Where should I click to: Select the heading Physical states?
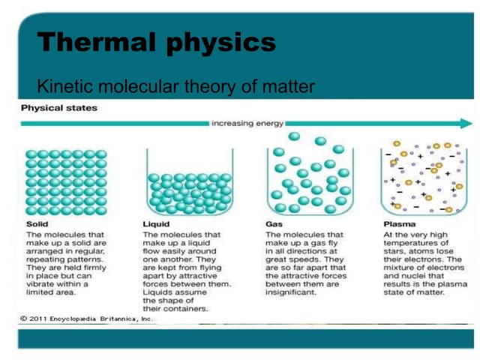tap(59, 108)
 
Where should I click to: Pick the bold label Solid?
tap(37, 223)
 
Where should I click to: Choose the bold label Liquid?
tap(156, 223)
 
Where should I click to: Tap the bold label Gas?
tap(274, 223)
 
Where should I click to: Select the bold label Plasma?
tap(399, 223)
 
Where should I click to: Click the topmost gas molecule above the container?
tap(294, 137)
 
